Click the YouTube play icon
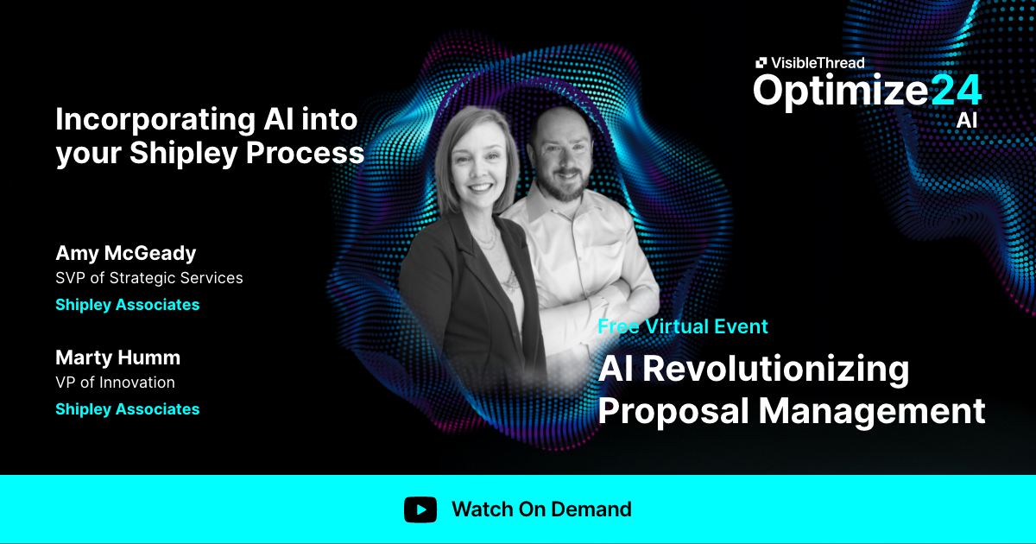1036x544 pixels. (x=420, y=509)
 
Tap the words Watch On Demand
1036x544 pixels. (x=541, y=509)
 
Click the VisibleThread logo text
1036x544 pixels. (x=817, y=62)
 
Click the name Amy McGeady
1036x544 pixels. (x=125, y=253)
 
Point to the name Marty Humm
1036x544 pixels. (x=117, y=357)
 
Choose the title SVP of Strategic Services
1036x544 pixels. (x=148, y=278)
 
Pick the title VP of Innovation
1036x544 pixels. (x=115, y=383)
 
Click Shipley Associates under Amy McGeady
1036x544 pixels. (x=127, y=305)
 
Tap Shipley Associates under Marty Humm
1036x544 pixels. (x=127, y=409)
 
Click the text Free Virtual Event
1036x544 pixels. (x=683, y=326)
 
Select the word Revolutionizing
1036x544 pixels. (x=774, y=369)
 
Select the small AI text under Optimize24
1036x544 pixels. (x=967, y=120)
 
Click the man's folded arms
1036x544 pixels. (x=604, y=289)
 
